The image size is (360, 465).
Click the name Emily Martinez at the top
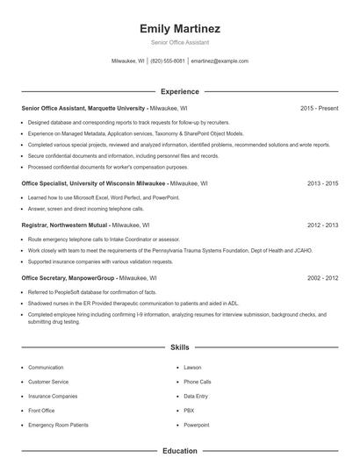[x=179, y=28]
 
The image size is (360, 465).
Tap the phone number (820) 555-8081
[x=168, y=61]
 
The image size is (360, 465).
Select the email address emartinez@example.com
[x=220, y=61]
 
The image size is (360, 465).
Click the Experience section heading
[x=179, y=91]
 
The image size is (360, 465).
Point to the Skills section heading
[x=179, y=347]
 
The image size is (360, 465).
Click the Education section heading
[x=179, y=451]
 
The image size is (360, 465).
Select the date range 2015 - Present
[x=319, y=109]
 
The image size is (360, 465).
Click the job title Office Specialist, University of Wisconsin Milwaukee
[x=93, y=184]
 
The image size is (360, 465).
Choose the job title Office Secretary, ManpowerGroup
[x=81, y=277]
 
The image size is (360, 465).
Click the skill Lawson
[x=192, y=368]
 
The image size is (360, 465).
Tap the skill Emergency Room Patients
[x=58, y=425]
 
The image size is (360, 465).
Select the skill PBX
[x=189, y=411]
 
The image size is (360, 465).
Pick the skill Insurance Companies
[x=53, y=396]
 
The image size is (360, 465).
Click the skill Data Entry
[x=195, y=396]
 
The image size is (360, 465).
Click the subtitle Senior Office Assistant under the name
[x=179, y=42]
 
